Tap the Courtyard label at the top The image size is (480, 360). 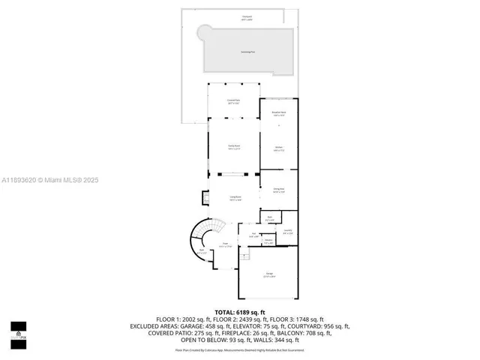click(246, 18)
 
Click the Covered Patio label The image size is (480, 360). click(233, 101)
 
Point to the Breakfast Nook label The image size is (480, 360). click(279, 114)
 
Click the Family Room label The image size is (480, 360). click(234, 147)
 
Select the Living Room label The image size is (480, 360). click(235, 199)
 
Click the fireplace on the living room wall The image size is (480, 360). click(203, 198)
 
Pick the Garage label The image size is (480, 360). click(268, 275)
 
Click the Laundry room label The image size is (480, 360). click(287, 232)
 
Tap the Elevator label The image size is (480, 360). click(268, 241)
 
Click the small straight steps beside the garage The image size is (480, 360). click(244, 256)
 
